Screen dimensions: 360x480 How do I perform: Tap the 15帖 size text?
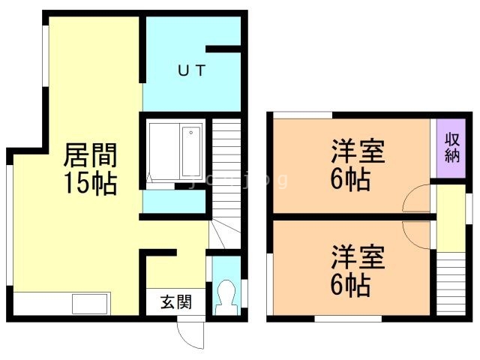(x=90, y=183)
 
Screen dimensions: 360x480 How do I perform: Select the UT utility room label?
(x=191, y=71)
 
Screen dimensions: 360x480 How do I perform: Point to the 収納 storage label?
(x=451, y=148)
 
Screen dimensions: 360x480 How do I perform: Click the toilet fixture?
(x=225, y=299)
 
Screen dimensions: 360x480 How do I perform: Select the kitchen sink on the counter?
(x=90, y=304)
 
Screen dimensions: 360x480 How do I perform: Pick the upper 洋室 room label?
(x=358, y=152)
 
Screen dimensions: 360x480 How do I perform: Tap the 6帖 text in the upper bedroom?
(x=351, y=180)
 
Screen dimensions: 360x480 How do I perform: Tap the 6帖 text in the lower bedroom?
(x=351, y=286)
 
